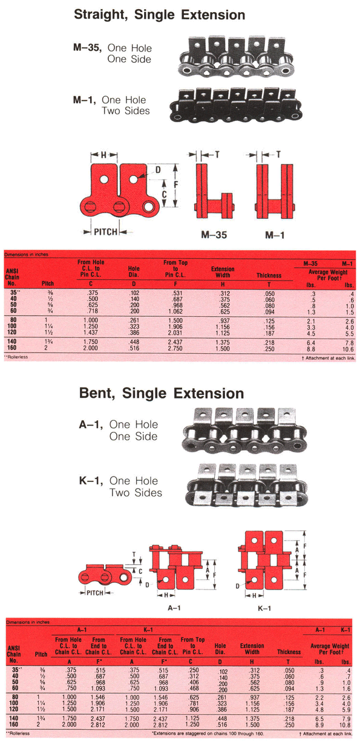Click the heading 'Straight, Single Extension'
click(x=159, y=15)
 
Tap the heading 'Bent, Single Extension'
click(x=162, y=394)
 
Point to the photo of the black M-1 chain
click(x=238, y=104)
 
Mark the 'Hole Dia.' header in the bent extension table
click(x=221, y=648)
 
